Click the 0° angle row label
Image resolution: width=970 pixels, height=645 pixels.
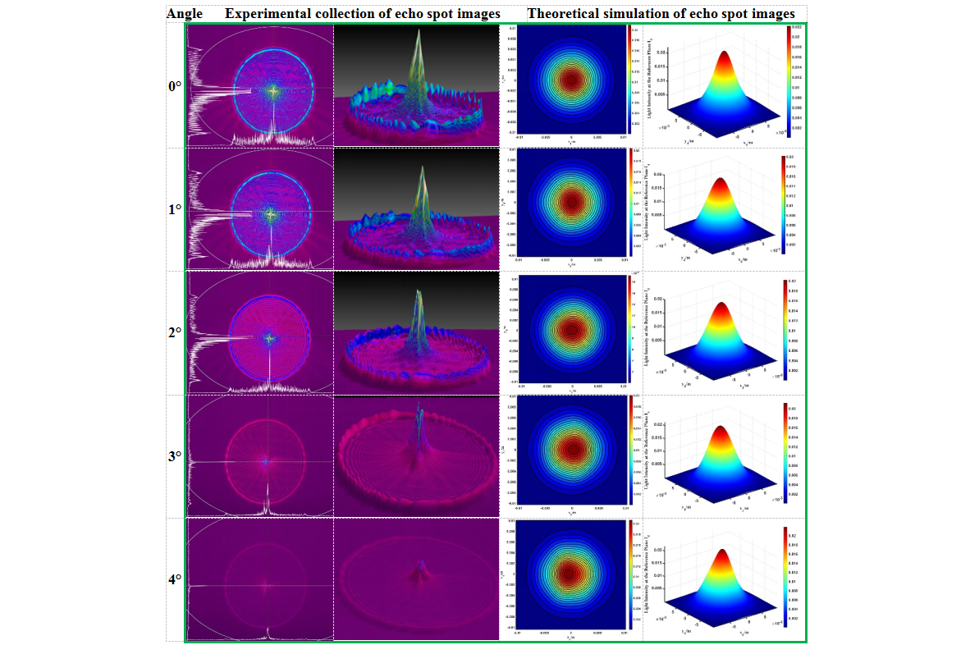point(174,85)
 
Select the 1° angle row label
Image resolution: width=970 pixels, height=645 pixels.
point(174,209)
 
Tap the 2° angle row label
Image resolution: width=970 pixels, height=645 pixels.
point(174,333)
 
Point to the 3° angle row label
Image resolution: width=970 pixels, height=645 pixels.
point(174,456)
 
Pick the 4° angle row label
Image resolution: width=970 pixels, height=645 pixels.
point(174,579)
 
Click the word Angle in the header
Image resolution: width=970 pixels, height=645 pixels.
point(185,14)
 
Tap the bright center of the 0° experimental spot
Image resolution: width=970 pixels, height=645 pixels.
point(272,89)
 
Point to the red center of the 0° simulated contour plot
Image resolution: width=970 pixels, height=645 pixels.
point(571,80)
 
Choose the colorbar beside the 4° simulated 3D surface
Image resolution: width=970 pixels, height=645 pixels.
point(787,576)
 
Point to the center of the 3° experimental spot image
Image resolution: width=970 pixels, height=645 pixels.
point(265,461)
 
